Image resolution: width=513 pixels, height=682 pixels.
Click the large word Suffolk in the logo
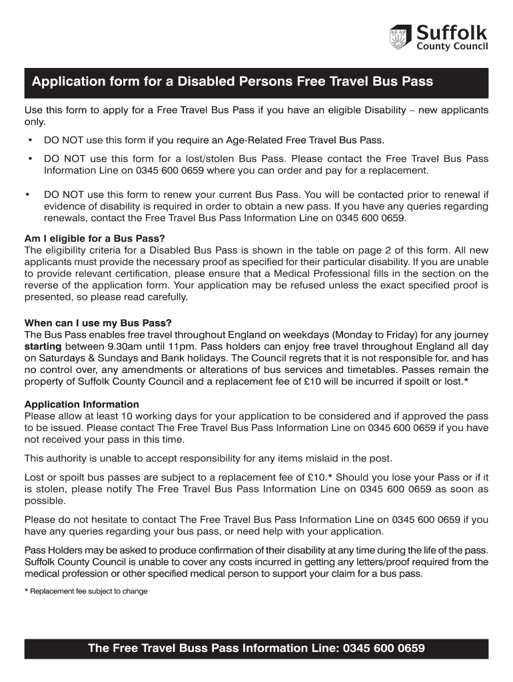pyautogui.click(x=452, y=32)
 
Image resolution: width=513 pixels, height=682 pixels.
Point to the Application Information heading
pyautogui.click(x=81, y=404)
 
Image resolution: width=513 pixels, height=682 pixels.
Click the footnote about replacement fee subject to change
pyautogui.click(x=86, y=591)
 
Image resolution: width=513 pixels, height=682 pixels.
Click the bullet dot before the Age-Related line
pyautogui.click(x=29, y=141)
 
